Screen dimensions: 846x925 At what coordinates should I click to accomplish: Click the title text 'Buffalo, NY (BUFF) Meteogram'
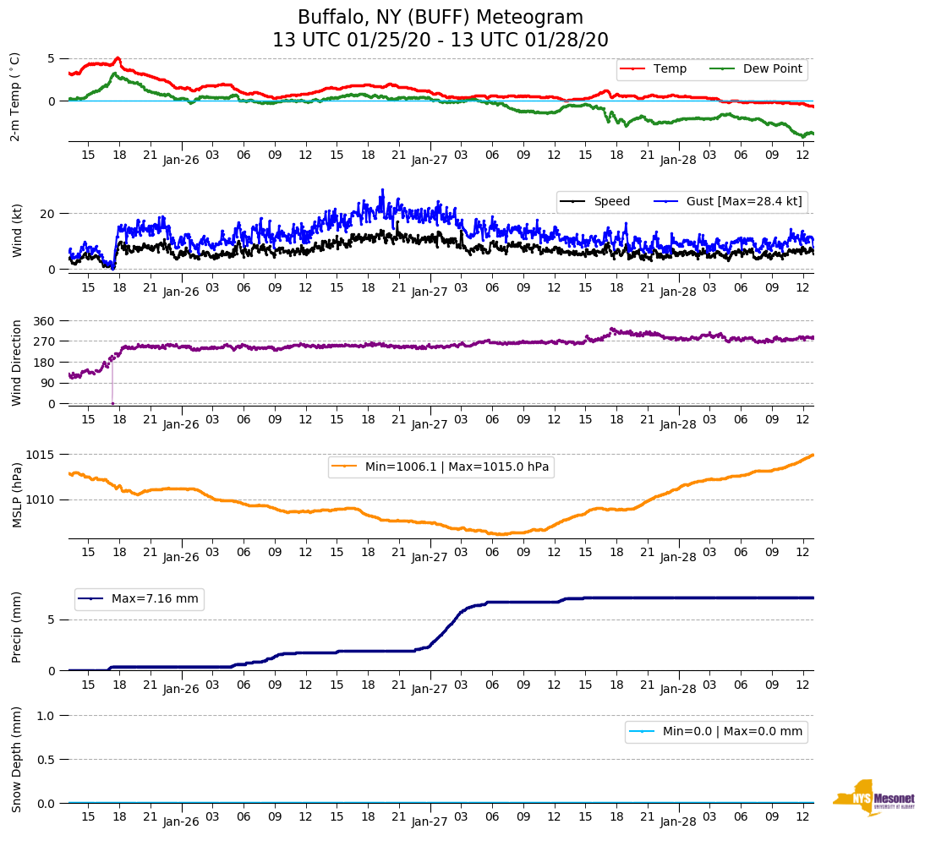[441, 18]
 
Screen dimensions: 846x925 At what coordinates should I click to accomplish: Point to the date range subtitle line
[441, 41]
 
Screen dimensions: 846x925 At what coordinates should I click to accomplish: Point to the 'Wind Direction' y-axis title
[17, 363]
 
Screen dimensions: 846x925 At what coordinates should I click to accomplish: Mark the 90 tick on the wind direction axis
[48, 383]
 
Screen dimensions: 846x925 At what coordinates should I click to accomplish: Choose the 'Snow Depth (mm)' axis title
[17, 758]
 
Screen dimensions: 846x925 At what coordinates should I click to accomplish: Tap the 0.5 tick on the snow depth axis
[47, 759]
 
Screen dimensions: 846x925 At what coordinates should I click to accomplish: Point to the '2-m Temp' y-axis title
[14, 96]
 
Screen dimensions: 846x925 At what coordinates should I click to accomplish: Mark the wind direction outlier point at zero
[112, 403]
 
